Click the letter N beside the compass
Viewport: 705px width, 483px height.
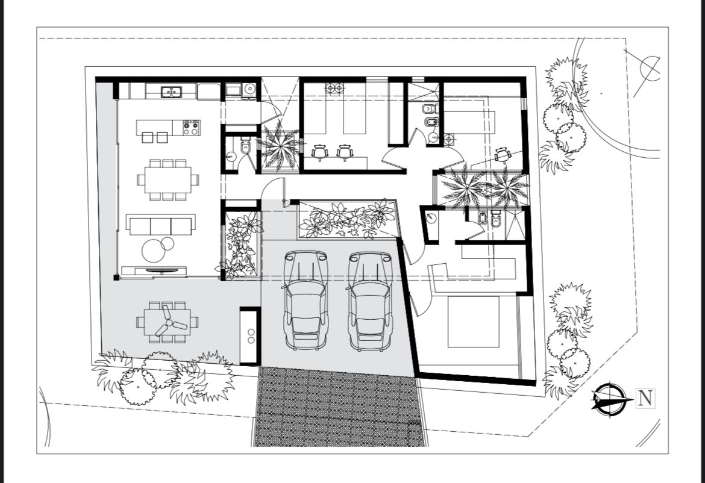645,398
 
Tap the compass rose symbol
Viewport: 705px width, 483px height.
609,399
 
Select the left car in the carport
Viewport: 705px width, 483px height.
305,300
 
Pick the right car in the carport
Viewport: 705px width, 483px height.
371,300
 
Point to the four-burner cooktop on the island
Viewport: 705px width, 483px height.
192,128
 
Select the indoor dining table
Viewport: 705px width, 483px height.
168,179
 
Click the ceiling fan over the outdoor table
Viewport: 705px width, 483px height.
170,322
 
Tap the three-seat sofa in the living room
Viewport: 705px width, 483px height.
160,225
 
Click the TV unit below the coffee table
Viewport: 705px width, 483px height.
154,270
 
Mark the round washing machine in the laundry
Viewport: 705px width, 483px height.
249,89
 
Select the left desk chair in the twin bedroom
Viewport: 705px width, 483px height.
320,152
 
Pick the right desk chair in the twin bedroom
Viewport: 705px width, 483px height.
345,152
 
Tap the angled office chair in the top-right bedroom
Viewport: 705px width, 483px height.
503,155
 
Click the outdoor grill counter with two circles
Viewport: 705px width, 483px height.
251,335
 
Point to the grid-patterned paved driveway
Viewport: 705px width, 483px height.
339,407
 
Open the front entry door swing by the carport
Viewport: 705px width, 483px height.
274,191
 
